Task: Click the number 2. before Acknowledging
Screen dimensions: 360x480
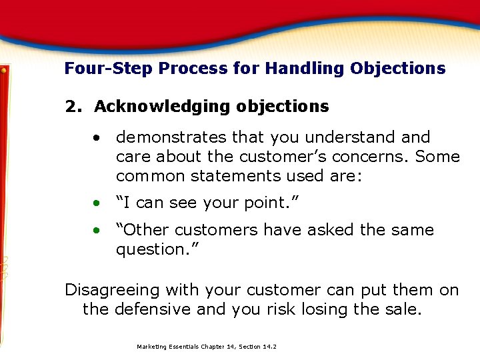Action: click(x=74, y=107)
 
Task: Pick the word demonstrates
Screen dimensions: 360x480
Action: click(x=171, y=137)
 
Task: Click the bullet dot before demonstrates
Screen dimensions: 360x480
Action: click(x=97, y=138)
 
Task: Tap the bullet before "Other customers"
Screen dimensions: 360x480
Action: click(x=97, y=231)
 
